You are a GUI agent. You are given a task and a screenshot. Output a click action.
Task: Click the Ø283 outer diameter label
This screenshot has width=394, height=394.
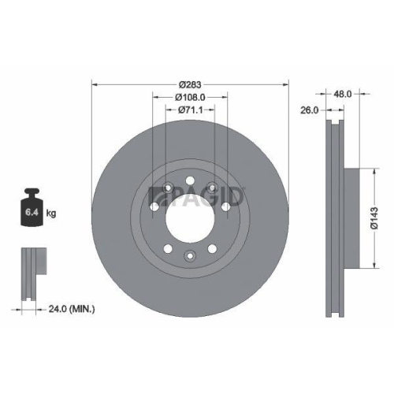point(189,84)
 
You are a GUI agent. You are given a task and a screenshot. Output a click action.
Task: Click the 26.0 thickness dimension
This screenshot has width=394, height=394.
point(309,110)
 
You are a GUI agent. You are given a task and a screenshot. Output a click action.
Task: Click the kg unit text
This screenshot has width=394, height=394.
point(50,213)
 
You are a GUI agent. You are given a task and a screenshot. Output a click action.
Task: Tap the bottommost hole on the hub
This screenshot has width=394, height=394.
point(189,254)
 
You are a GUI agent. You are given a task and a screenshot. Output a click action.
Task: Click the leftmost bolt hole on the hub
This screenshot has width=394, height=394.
point(152,206)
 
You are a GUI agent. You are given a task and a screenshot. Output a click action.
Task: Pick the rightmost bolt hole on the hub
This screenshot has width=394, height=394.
point(226,206)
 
